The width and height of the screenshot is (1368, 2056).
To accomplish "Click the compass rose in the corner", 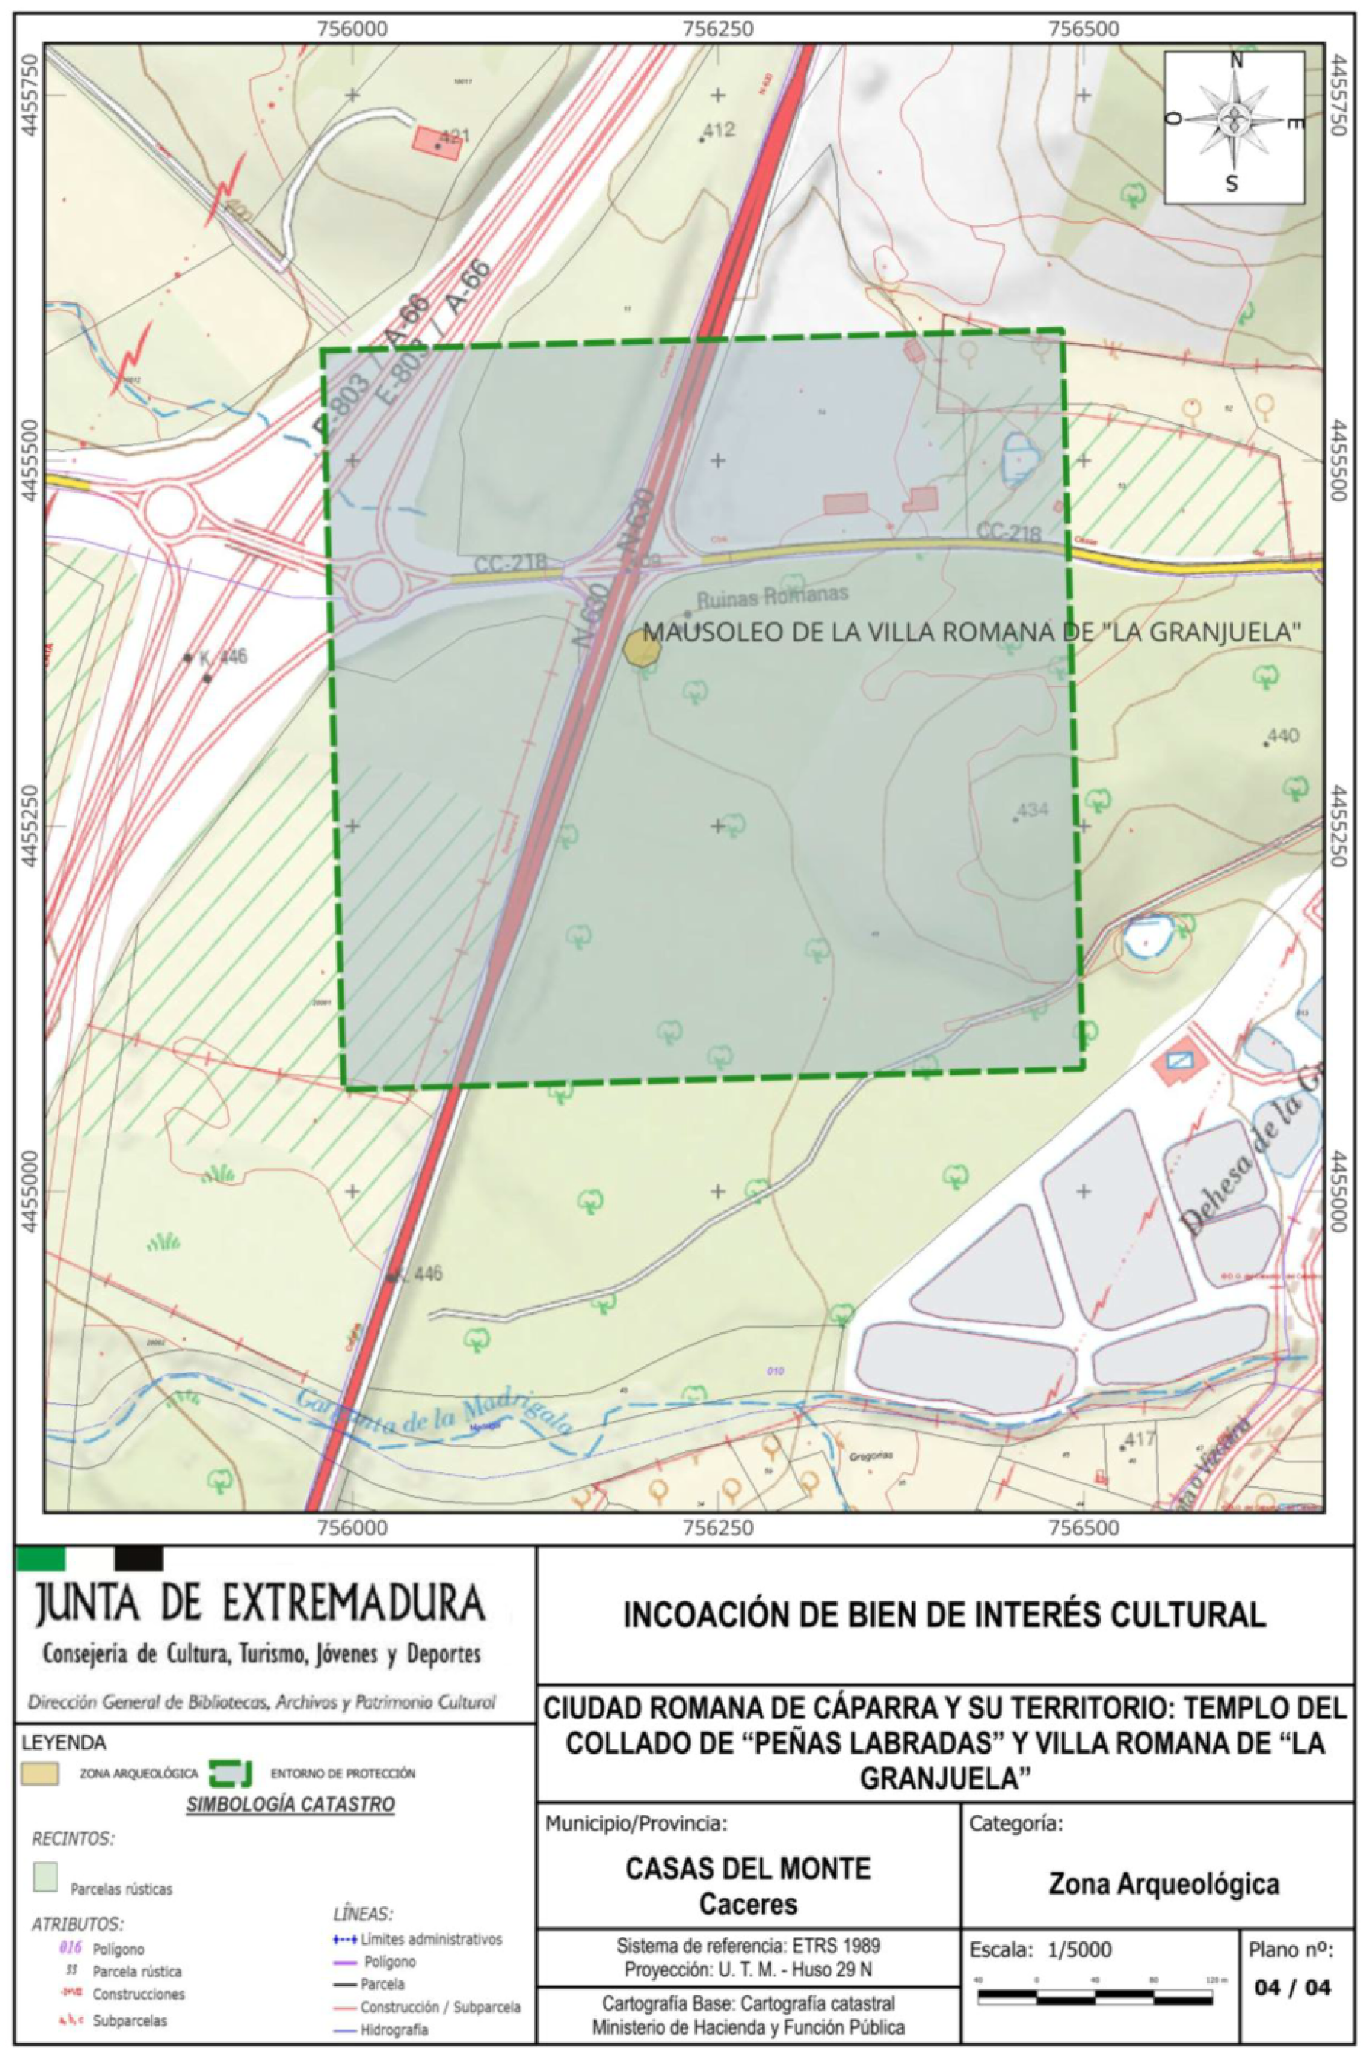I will (x=1233, y=127).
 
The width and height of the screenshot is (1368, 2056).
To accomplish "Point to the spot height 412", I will (x=718, y=131).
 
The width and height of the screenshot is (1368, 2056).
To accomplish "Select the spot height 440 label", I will (x=1282, y=735).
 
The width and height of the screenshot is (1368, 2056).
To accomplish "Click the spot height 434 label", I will (x=1032, y=810).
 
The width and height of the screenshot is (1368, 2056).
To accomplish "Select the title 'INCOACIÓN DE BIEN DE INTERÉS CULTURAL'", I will (x=944, y=1615).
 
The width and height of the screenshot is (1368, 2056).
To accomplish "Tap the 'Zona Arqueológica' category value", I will (x=1164, y=1883).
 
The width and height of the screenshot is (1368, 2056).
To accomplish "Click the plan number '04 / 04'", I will (x=1292, y=1987).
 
